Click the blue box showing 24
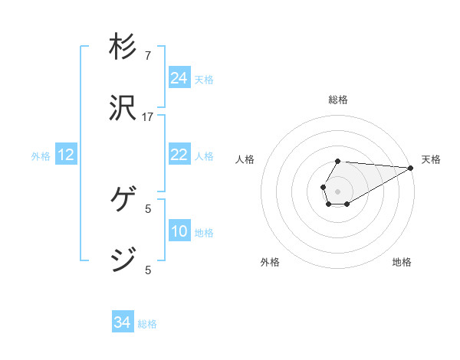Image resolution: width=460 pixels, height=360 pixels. (179, 78)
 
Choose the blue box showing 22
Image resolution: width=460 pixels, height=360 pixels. (179, 155)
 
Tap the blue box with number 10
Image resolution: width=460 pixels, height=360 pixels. (179, 231)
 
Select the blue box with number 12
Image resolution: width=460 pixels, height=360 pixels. (66, 155)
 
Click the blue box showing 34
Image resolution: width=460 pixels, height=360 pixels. (123, 323)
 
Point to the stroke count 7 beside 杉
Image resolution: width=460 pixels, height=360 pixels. (148, 57)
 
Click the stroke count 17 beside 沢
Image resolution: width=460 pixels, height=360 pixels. (148, 117)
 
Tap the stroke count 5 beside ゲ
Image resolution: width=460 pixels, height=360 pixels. (148, 208)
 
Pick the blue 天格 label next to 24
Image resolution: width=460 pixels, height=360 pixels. (204, 79)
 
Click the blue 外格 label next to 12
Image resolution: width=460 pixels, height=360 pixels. (41, 156)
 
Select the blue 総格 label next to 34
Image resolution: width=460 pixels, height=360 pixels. (147, 324)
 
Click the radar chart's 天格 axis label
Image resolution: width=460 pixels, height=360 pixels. (431, 159)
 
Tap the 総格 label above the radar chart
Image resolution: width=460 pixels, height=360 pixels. (338, 100)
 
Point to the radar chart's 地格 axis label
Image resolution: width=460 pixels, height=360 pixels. (402, 262)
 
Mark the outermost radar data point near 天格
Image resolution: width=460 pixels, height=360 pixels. (411, 168)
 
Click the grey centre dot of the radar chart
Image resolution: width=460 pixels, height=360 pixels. (337, 190)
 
